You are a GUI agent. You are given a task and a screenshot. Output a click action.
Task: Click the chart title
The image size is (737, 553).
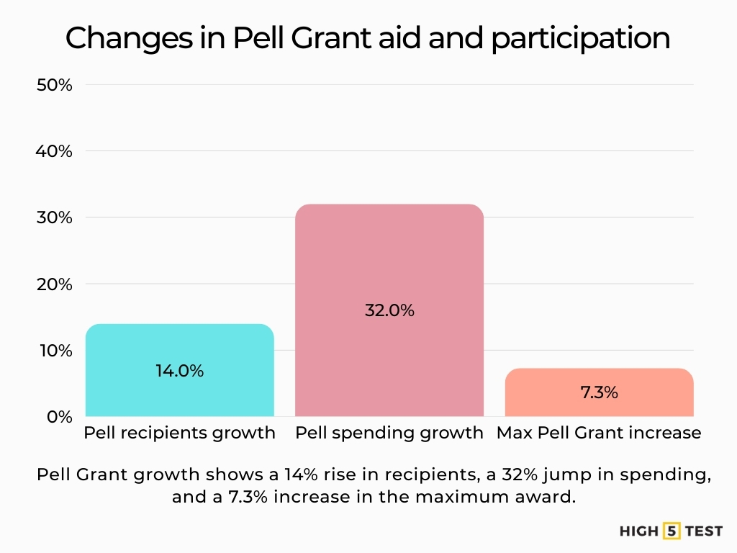click(x=368, y=39)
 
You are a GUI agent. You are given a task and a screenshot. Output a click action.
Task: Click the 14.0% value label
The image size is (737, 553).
click(x=179, y=371)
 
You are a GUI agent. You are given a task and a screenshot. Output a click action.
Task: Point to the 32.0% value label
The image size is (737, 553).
click(x=389, y=311)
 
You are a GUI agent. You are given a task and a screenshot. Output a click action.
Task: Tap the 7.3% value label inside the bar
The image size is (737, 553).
click(x=599, y=392)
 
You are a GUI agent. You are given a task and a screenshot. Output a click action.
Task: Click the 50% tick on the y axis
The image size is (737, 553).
click(x=55, y=85)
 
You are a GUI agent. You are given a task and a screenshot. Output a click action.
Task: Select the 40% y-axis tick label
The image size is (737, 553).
click(x=55, y=151)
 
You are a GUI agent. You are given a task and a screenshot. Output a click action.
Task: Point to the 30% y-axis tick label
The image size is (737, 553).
click(x=55, y=217)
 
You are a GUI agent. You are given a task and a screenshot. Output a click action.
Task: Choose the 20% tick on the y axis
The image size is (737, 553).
click(x=55, y=284)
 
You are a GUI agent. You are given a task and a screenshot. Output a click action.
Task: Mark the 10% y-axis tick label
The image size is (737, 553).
click(x=55, y=351)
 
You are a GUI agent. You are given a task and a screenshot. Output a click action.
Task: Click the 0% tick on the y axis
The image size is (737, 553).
click(x=59, y=417)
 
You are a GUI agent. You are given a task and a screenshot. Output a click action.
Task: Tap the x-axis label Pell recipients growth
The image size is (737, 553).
click(x=179, y=433)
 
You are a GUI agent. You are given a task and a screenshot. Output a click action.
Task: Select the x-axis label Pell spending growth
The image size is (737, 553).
click(x=389, y=433)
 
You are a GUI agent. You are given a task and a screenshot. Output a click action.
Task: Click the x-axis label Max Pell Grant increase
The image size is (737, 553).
click(x=599, y=433)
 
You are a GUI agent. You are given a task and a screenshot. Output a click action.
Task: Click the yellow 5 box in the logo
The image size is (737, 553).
click(x=672, y=531)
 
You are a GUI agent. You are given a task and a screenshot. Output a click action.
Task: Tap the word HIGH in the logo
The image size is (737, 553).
click(x=639, y=531)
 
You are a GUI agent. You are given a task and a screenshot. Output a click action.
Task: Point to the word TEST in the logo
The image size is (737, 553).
click(x=703, y=531)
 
